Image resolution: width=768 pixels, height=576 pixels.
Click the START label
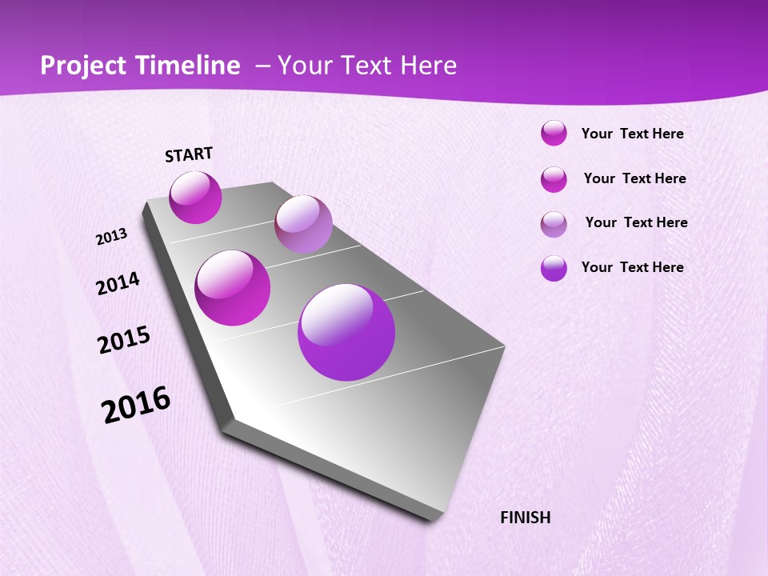point(189,154)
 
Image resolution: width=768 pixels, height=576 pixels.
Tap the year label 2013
point(112,237)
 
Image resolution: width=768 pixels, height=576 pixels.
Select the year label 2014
point(118,283)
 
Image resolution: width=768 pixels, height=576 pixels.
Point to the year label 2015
point(124,340)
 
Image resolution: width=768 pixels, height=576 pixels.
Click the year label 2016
point(136,405)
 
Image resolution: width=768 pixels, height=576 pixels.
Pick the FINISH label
point(526,518)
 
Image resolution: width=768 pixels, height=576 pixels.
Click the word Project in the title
point(85,66)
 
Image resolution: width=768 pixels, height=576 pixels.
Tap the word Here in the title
point(429,66)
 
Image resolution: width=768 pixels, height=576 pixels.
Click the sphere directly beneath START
point(195,198)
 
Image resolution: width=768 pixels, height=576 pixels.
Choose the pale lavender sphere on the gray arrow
point(303,224)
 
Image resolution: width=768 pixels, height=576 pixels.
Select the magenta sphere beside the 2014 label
point(233,288)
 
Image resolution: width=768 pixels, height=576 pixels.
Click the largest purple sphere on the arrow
point(346,332)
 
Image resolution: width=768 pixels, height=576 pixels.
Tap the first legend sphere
point(554,134)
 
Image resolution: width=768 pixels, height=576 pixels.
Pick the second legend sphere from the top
point(554,179)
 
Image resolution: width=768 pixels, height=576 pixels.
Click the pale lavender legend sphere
point(554,224)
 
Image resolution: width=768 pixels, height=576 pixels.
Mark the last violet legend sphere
point(554,268)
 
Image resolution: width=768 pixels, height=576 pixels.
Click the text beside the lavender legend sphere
point(636,222)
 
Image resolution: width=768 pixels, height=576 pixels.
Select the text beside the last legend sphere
point(632,267)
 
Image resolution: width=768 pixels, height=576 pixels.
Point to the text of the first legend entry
point(632,134)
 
